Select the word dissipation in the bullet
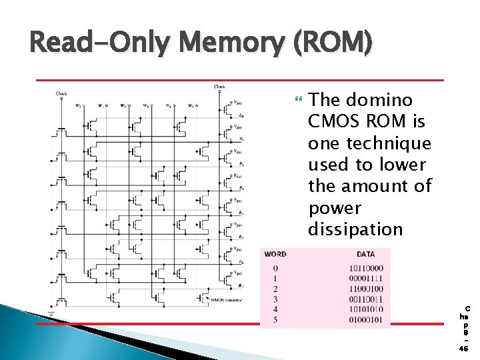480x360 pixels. click(x=355, y=229)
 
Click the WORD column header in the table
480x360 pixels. click(x=275, y=254)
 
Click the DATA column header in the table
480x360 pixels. click(x=366, y=254)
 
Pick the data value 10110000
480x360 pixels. click(x=366, y=267)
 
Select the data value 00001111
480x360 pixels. click(x=366, y=278)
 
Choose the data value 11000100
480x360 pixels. click(x=366, y=289)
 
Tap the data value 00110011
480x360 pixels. click(x=366, y=299)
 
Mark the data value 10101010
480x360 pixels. click(x=366, y=310)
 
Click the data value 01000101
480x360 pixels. click(x=366, y=321)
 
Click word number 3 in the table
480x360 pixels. click(x=275, y=299)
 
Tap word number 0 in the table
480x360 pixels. click(x=275, y=267)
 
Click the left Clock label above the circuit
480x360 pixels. click(x=61, y=93)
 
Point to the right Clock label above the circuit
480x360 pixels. click(x=219, y=86)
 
